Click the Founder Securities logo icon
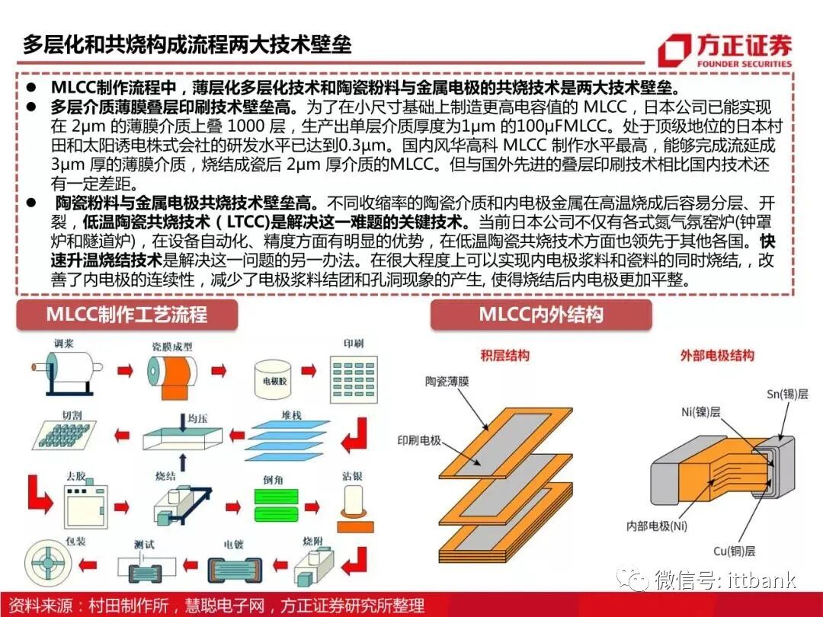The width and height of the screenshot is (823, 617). point(675,49)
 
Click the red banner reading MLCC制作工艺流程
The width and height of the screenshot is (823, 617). point(126,315)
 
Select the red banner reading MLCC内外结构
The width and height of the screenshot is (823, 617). point(541,315)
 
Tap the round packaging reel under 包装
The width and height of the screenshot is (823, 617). point(47,561)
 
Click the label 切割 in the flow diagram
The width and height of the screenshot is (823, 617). point(71,414)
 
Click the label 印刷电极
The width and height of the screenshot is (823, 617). point(419,441)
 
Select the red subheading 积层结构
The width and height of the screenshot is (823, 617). point(504,356)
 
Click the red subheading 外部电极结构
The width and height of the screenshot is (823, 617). point(717,356)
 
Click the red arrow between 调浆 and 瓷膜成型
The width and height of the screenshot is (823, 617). point(124,372)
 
